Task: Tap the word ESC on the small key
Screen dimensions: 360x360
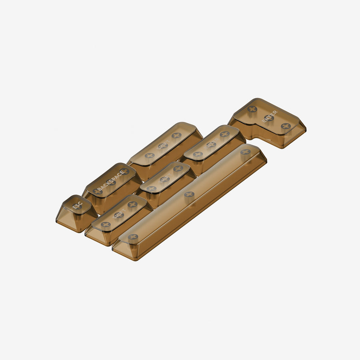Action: click(x=76, y=206)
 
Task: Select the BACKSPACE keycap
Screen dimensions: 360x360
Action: click(x=112, y=186)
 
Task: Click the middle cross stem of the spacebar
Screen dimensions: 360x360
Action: click(x=189, y=194)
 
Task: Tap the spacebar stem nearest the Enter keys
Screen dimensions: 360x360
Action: click(x=245, y=152)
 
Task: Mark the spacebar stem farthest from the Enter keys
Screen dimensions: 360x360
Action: click(x=133, y=237)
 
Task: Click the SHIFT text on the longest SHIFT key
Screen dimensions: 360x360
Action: click(x=163, y=146)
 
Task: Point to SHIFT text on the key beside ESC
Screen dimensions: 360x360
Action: click(x=119, y=215)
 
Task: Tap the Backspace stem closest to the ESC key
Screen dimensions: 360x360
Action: click(x=98, y=191)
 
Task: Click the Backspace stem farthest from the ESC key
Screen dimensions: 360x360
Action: click(x=125, y=171)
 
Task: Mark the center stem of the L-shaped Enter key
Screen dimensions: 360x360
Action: click(x=269, y=118)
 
